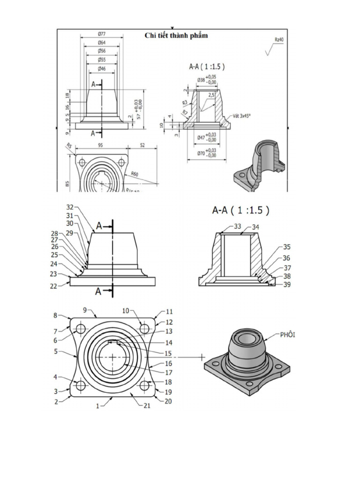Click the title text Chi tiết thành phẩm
click(x=176, y=36)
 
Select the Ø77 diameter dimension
click(x=101, y=34)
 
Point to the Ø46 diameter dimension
click(x=101, y=69)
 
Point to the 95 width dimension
click(x=101, y=145)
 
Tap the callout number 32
click(x=70, y=207)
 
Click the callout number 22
click(x=54, y=286)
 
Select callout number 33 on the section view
click(x=238, y=226)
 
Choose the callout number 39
click(x=287, y=284)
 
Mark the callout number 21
click(x=147, y=406)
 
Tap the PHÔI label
click(x=289, y=335)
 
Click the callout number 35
click(x=287, y=247)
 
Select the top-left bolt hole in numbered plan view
click(x=81, y=328)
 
